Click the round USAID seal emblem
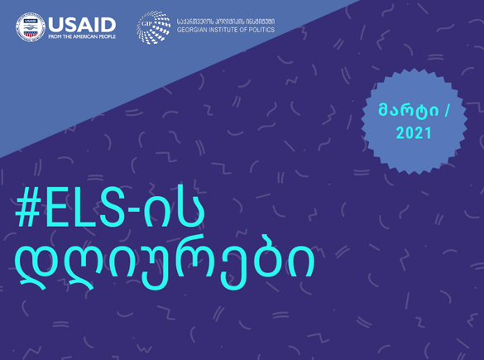tap(31, 26)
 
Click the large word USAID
tap(82, 25)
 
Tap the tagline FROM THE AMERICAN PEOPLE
tap(82, 36)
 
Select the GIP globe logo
tap(153, 27)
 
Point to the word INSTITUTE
tap(225, 30)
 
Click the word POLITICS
tap(261, 30)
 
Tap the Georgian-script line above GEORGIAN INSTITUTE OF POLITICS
tap(226, 22)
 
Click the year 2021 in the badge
tap(414, 133)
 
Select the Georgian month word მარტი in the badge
tap(409, 110)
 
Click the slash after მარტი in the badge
tap(447, 111)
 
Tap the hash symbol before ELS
tap(28, 207)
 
